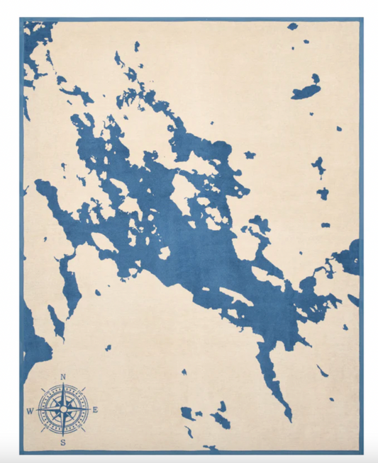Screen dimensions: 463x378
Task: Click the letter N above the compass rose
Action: [63, 377]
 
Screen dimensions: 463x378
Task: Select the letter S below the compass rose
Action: [63, 442]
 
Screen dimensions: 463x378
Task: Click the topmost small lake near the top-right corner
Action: [293, 26]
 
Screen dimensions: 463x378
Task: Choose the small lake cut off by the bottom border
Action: [211, 447]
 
